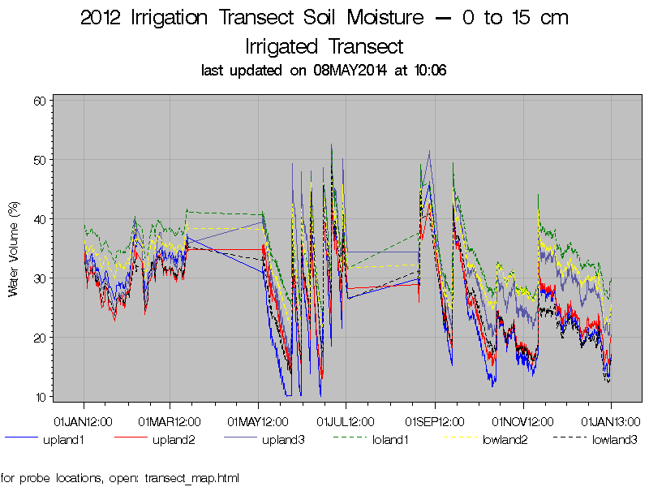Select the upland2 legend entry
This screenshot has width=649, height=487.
click(x=174, y=441)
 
